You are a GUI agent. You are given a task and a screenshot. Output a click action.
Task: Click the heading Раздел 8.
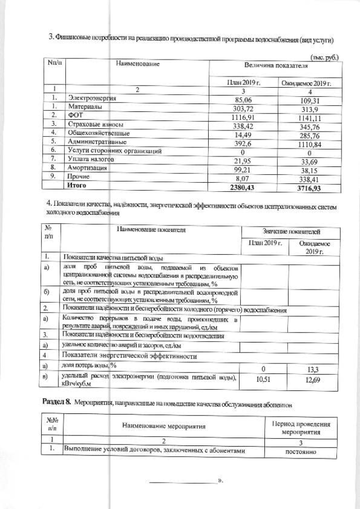click(x=58, y=403)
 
